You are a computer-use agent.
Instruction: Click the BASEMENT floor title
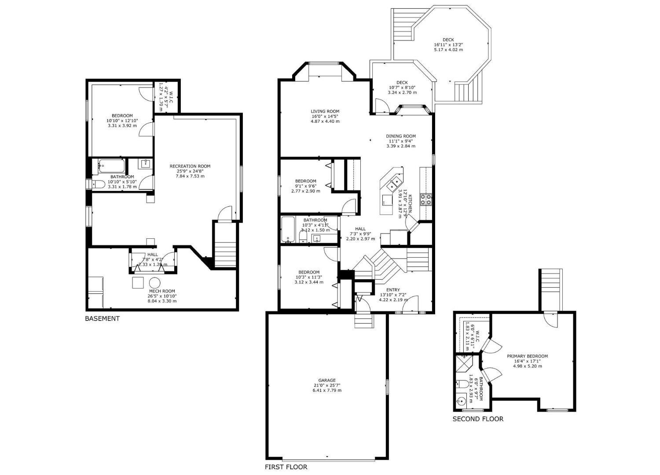(102, 318)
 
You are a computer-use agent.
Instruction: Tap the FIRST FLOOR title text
(286, 467)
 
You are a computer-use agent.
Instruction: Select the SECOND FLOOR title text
(478, 419)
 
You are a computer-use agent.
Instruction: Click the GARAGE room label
(327, 380)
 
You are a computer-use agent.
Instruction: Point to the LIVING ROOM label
(325, 111)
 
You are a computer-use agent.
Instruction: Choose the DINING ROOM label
(401, 136)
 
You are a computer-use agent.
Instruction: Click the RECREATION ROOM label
(190, 166)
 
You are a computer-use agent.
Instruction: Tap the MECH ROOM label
(162, 291)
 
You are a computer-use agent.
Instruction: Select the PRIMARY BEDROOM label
(527, 356)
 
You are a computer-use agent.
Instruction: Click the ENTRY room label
(393, 290)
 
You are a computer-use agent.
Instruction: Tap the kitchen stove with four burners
(426, 200)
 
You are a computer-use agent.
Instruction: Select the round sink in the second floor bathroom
(462, 402)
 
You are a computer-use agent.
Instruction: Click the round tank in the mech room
(154, 282)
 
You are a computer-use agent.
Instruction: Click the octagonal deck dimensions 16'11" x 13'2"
(448, 44)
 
